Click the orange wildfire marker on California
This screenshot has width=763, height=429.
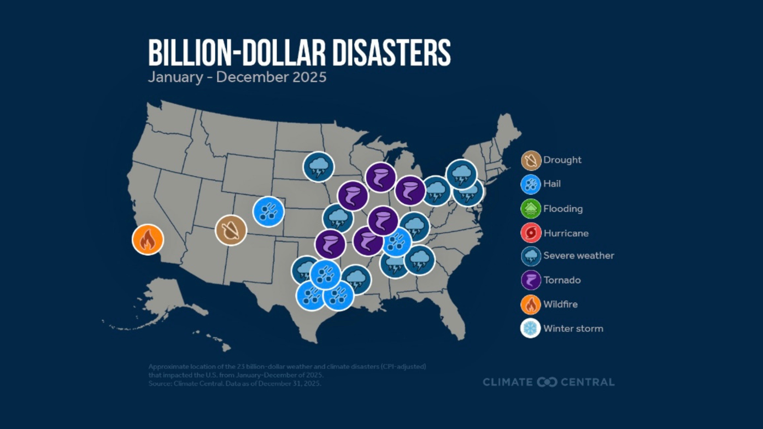coord(148,239)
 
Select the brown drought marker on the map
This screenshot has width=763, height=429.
coord(231,230)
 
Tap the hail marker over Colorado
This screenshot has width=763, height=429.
coord(268,211)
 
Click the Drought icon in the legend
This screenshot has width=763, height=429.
coord(531,160)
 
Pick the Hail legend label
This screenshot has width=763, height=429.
coord(551,184)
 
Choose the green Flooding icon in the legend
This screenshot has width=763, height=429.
coord(531,209)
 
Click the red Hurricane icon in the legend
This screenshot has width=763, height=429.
coord(531,233)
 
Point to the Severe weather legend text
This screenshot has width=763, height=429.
coord(578,256)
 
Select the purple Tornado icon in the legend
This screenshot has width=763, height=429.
coord(531,280)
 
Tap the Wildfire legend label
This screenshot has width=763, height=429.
coord(560,304)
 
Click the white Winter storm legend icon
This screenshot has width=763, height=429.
coord(531,328)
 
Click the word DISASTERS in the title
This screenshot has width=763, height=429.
coord(390,54)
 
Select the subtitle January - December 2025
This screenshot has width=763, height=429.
coord(237,77)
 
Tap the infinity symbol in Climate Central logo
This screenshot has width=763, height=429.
coord(547,382)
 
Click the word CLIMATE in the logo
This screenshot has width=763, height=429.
coord(507,382)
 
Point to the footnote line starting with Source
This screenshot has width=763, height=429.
coord(234,384)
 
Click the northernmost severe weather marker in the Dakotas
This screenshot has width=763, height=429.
coord(319,167)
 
